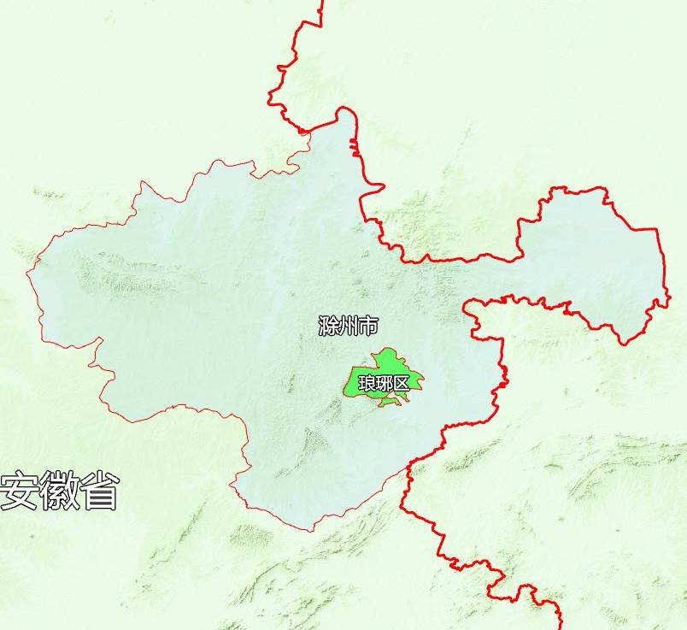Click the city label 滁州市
(x=348, y=326)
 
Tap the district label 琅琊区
(x=384, y=383)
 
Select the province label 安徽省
(x=59, y=490)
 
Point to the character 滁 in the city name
(x=327, y=326)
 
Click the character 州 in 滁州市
(x=348, y=326)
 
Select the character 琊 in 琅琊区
(x=384, y=383)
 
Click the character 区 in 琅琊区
(x=402, y=383)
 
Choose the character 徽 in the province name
(x=59, y=490)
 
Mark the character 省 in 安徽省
(x=99, y=490)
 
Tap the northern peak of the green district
(x=387, y=349)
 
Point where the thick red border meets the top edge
(x=322, y=2)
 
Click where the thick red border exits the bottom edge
(x=560, y=627)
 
